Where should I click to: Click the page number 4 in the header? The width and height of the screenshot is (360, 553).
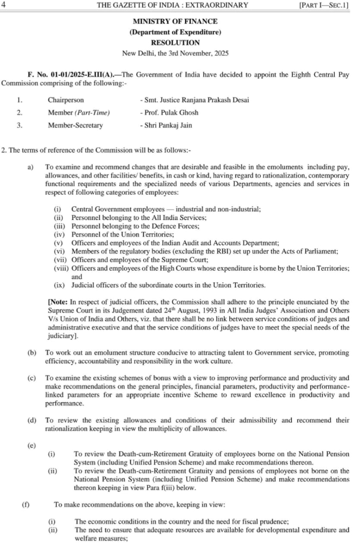[3, 5]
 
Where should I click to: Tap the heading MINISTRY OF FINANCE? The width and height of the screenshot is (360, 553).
[175, 21]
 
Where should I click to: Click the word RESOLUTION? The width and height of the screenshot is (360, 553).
[175, 43]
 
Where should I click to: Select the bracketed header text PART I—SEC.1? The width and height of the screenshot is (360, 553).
[324, 5]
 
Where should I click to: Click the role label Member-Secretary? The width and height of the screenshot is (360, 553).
[75, 125]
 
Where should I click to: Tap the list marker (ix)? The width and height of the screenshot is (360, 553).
[60, 285]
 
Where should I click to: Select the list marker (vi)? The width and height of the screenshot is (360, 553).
[60, 251]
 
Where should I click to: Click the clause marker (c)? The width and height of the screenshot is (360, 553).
[32, 378]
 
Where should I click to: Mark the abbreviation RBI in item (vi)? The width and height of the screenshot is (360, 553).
[193, 251]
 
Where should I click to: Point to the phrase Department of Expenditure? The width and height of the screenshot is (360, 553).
[175, 32]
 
